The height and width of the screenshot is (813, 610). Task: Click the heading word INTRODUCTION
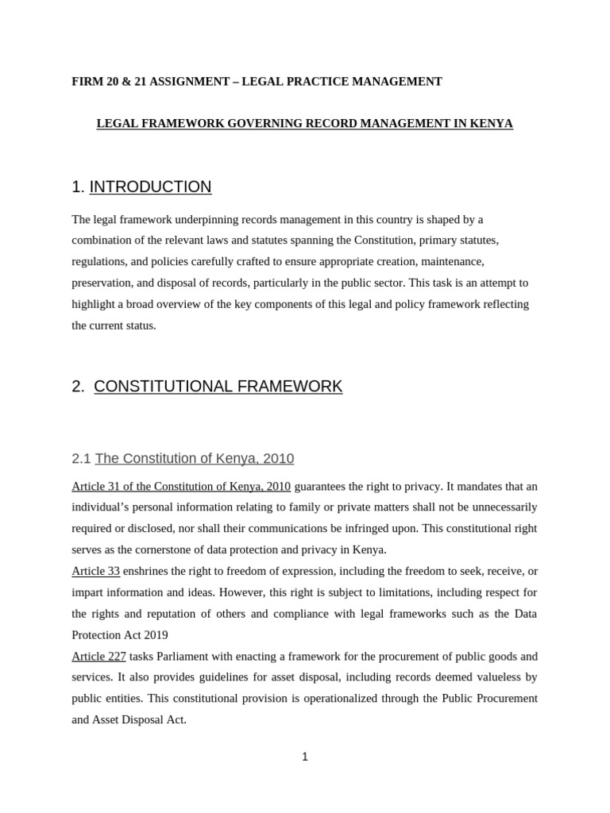150,187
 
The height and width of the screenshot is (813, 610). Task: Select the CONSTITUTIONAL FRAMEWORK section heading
218,387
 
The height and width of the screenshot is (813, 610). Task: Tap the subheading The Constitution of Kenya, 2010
194,459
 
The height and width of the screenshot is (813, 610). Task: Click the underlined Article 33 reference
95,571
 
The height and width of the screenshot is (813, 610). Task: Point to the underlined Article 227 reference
98,657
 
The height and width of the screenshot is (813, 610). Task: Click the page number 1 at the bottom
305,757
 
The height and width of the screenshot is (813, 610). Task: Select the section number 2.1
81,459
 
